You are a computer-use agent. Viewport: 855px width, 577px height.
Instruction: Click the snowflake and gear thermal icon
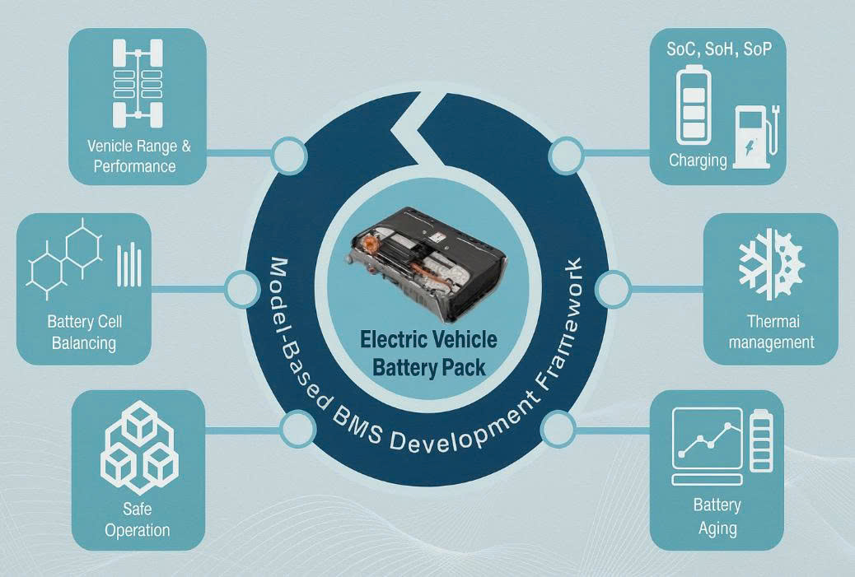(771, 263)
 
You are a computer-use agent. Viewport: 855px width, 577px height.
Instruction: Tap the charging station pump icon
(757, 137)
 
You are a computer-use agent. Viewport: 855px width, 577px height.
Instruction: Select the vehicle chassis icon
(138, 83)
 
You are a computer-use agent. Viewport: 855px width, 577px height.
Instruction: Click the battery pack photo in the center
(426, 263)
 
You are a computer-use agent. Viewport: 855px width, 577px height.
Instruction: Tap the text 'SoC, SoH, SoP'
(719, 49)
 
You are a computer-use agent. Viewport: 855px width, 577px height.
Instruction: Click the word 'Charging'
(698, 161)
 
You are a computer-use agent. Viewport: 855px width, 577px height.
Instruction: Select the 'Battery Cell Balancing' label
(85, 333)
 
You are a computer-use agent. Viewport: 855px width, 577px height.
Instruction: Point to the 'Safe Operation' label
(138, 519)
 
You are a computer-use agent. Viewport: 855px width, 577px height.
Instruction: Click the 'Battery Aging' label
(717, 517)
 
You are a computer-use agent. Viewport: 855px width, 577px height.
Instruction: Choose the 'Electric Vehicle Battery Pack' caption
(428, 354)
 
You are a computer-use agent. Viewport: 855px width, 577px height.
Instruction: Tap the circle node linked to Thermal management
(612, 289)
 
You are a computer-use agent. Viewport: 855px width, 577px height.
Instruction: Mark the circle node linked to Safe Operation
(297, 428)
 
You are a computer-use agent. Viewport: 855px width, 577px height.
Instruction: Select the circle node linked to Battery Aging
(558, 428)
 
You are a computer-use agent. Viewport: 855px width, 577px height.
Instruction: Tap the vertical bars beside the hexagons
(129, 265)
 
